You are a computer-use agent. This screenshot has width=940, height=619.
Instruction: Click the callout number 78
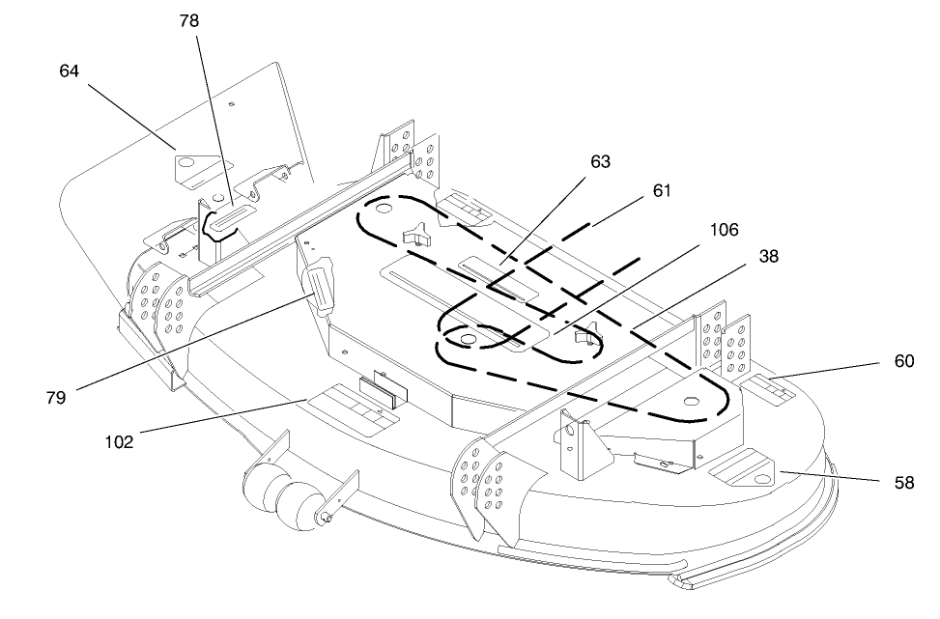pyautogui.click(x=188, y=21)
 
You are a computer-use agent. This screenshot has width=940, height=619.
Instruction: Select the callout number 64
pyautogui.click(x=69, y=70)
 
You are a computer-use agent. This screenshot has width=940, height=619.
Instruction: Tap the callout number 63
pyautogui.click(x=600, y=162)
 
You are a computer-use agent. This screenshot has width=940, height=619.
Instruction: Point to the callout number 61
pyautogui.click(x=662, y=190)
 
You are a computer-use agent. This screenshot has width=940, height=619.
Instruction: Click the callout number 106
pyautogui.click(x=725, y=230)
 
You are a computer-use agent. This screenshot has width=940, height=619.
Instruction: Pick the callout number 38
pyautogui.click(x=769, y=257)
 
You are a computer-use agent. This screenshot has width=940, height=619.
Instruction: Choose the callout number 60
pyautogui.click(x=904, y=361)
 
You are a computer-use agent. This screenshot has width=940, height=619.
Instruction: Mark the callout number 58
pyautogui.click(x=904, y=483)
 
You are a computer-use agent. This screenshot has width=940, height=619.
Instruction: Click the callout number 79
pyautogui.click(x=56, y=397)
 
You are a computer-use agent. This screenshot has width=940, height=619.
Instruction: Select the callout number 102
pyautogui.click(x=119, y=442)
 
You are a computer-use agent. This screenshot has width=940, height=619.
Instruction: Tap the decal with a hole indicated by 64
pyautogui.click(x=196, y=170)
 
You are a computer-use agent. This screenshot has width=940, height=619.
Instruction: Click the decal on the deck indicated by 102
pyautogui.click(x=354, y=409)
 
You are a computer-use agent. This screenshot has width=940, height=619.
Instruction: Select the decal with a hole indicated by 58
pyautogui.click(x=743, y=467)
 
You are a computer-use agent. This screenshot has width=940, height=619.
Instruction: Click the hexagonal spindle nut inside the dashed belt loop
pyautogui.click(x=693, y=401)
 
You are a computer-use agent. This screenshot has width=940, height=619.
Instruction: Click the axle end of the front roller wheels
pyautogui.click(x=325, y=517)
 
